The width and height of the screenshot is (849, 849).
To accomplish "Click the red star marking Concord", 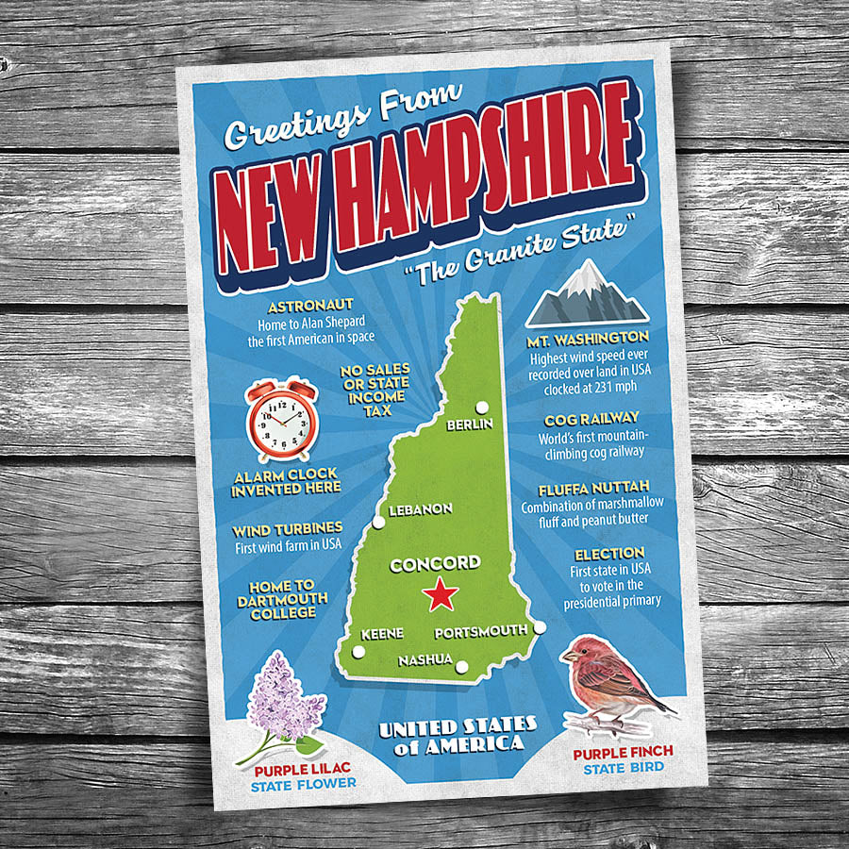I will point(440,595).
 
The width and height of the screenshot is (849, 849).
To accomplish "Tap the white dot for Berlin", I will point(483,408).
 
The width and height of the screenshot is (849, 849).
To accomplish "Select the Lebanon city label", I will point(421,509).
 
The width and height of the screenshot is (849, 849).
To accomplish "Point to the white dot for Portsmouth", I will point(540,627).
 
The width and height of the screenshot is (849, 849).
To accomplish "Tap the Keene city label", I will point(381,633).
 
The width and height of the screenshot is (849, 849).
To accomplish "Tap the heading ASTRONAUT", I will point(310,306).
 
